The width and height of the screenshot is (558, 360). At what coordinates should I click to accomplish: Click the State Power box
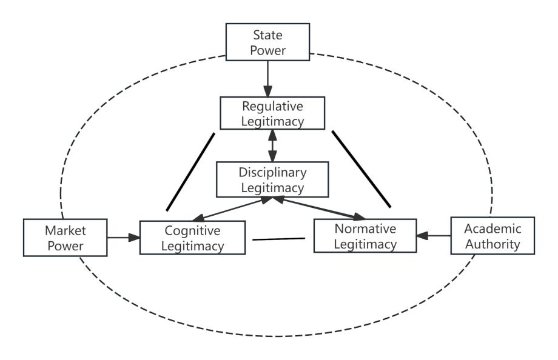coord(267,42)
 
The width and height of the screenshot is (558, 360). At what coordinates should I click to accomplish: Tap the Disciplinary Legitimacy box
coord(272,179)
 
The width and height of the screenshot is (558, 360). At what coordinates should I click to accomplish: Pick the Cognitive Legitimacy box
coord(193,238)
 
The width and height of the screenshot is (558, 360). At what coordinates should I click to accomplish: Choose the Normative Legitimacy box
coord(365,236)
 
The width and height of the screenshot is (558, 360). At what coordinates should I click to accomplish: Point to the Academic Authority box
coord(492,236)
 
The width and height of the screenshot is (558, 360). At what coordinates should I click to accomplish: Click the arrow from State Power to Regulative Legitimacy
coord(267,79)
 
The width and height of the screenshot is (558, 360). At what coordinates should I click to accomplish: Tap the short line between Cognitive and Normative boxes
coord(278,239)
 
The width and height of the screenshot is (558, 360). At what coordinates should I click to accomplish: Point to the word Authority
coord(492,244)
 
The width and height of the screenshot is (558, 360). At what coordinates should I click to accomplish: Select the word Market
coord(64,230)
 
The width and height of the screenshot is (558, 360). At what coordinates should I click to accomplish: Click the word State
coord(267,35)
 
